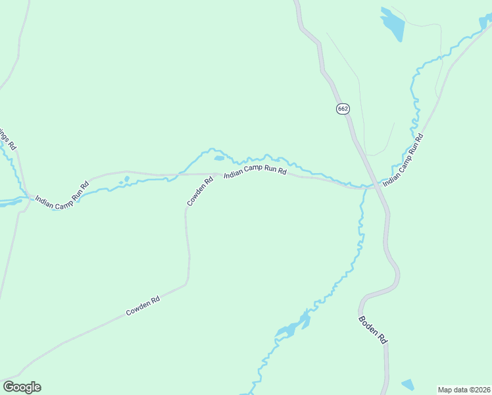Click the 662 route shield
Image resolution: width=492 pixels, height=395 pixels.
(342, 109)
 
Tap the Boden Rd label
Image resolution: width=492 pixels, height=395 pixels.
(373, 330)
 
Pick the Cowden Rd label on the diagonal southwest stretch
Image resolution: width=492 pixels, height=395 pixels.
(143, 307)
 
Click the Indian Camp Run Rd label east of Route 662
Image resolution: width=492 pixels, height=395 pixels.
(403, 159)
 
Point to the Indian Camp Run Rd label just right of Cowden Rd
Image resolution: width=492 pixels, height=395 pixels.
(255, 174)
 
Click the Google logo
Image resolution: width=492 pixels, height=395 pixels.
(22, 387)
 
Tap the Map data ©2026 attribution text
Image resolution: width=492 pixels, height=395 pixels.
(464, 390)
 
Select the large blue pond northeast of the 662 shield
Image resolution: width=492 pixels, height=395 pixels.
(392, 24)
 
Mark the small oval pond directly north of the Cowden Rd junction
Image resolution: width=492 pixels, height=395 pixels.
(219, 158)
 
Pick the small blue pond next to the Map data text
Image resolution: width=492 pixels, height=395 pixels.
(408, 384)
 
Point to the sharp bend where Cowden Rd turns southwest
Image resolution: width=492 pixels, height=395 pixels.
(187, 284)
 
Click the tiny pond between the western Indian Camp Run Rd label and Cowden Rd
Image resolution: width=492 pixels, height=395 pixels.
(126, 178)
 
